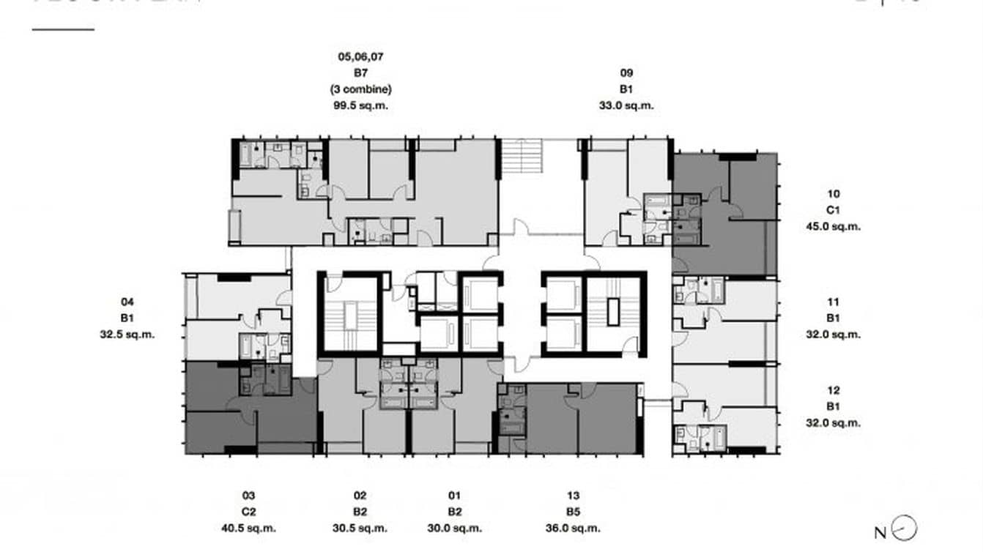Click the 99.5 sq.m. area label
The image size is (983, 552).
click(x=360, y=105)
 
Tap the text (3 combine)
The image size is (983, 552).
click(x=360, y=89)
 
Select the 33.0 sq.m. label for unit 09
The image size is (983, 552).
click(x=626, y=105)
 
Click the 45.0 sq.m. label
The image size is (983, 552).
click(x=834, y=226)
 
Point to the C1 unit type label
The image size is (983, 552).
click(x=834, y=210)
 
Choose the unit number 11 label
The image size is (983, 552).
click(x=834, y=302)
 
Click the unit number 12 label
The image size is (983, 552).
click(x=834, y=390)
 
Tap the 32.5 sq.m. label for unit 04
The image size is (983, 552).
click(x=128, y=334)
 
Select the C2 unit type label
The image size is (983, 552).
click(x=248, y=512)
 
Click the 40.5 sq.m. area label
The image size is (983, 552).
click(x=248, y=528)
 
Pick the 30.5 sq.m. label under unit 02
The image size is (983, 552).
click(x=360, y=528)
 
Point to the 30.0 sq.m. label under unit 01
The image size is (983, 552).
click(x=454, y=528)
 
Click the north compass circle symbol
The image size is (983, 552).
click(x=907, y=528)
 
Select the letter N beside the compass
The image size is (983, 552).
click(x=880, y=533)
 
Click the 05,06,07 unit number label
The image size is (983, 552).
click(x=360, y=56)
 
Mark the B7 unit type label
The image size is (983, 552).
click(x=360, y=72)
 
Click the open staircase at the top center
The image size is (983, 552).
click(x=522, y=157)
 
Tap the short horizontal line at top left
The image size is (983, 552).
click(x=63, y=30)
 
